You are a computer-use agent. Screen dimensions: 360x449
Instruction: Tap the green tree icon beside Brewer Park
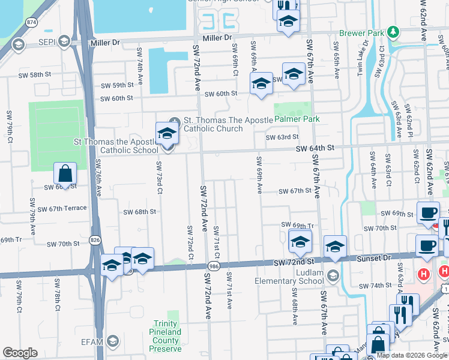[x=393, y=31]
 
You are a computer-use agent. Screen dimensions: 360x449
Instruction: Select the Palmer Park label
[x=297, y=119]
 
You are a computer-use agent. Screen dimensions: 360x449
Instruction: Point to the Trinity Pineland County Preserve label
[x=166, y=340]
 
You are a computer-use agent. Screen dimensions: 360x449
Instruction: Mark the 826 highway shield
[x=95, y=239]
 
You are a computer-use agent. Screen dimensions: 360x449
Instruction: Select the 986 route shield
[x=212, y=265]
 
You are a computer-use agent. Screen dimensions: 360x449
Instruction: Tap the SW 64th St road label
[x=313, y=148]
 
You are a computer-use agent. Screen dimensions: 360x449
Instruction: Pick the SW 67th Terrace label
[x=61, y=208]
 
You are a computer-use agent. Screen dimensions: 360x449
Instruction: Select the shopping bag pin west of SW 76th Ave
[x=65, y=174]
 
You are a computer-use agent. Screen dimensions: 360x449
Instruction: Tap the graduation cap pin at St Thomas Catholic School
[x=167, y=133]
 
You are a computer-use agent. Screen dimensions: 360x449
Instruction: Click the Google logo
[x=20, y=353]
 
